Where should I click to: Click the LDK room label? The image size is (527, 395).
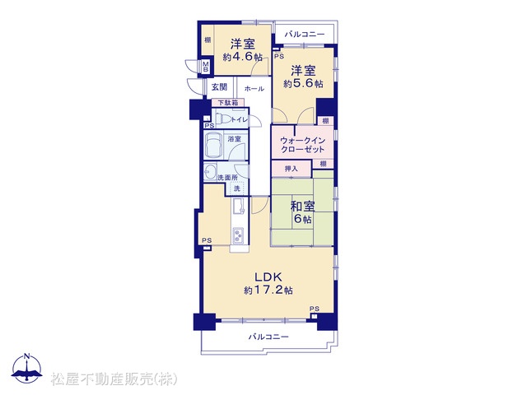(x=268, y=277)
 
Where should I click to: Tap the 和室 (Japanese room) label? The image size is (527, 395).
(x=302, y=206)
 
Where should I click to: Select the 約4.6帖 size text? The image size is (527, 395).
(x=242, y=57)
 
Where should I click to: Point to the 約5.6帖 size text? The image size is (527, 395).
(x=303, y=84)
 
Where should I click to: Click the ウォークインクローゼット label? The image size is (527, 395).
(x=302, y=145)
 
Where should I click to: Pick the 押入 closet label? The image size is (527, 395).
(x=291, y=169)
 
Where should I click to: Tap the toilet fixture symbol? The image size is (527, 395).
(x=222, y=118)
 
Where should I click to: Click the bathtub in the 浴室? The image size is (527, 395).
(x=213, y=145)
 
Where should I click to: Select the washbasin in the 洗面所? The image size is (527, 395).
(x=211, y=172)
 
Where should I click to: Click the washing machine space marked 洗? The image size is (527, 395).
(x=237, y=188)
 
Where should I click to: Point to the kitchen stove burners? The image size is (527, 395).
(x=238, y=235)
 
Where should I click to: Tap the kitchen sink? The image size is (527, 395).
(x=239, y=205)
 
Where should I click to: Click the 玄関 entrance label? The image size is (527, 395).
(x=219, y=87)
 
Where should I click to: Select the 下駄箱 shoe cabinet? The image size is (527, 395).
(x=228, y=103)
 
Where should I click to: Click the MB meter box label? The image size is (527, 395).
(x=205, y=67)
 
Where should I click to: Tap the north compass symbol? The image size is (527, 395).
(x=27, y=368)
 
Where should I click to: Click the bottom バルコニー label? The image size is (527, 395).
(x=268, y=337)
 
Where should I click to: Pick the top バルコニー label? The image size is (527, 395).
(x=305, y=35)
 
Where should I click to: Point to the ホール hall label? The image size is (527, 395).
(x=254, y=89)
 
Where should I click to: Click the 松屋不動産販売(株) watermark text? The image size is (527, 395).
(x=114, y=379)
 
